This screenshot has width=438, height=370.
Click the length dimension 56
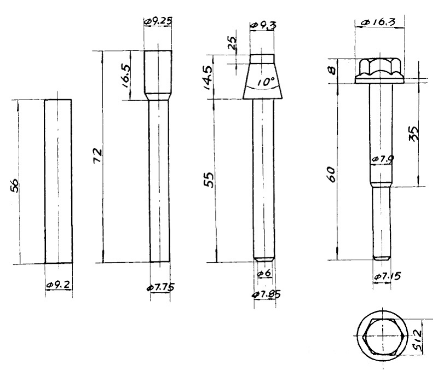tap(15, 186)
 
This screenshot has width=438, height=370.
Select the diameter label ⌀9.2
tap(58, 285)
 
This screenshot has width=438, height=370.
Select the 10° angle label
tap(264, 82)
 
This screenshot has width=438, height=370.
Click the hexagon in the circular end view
tap(382, 336)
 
